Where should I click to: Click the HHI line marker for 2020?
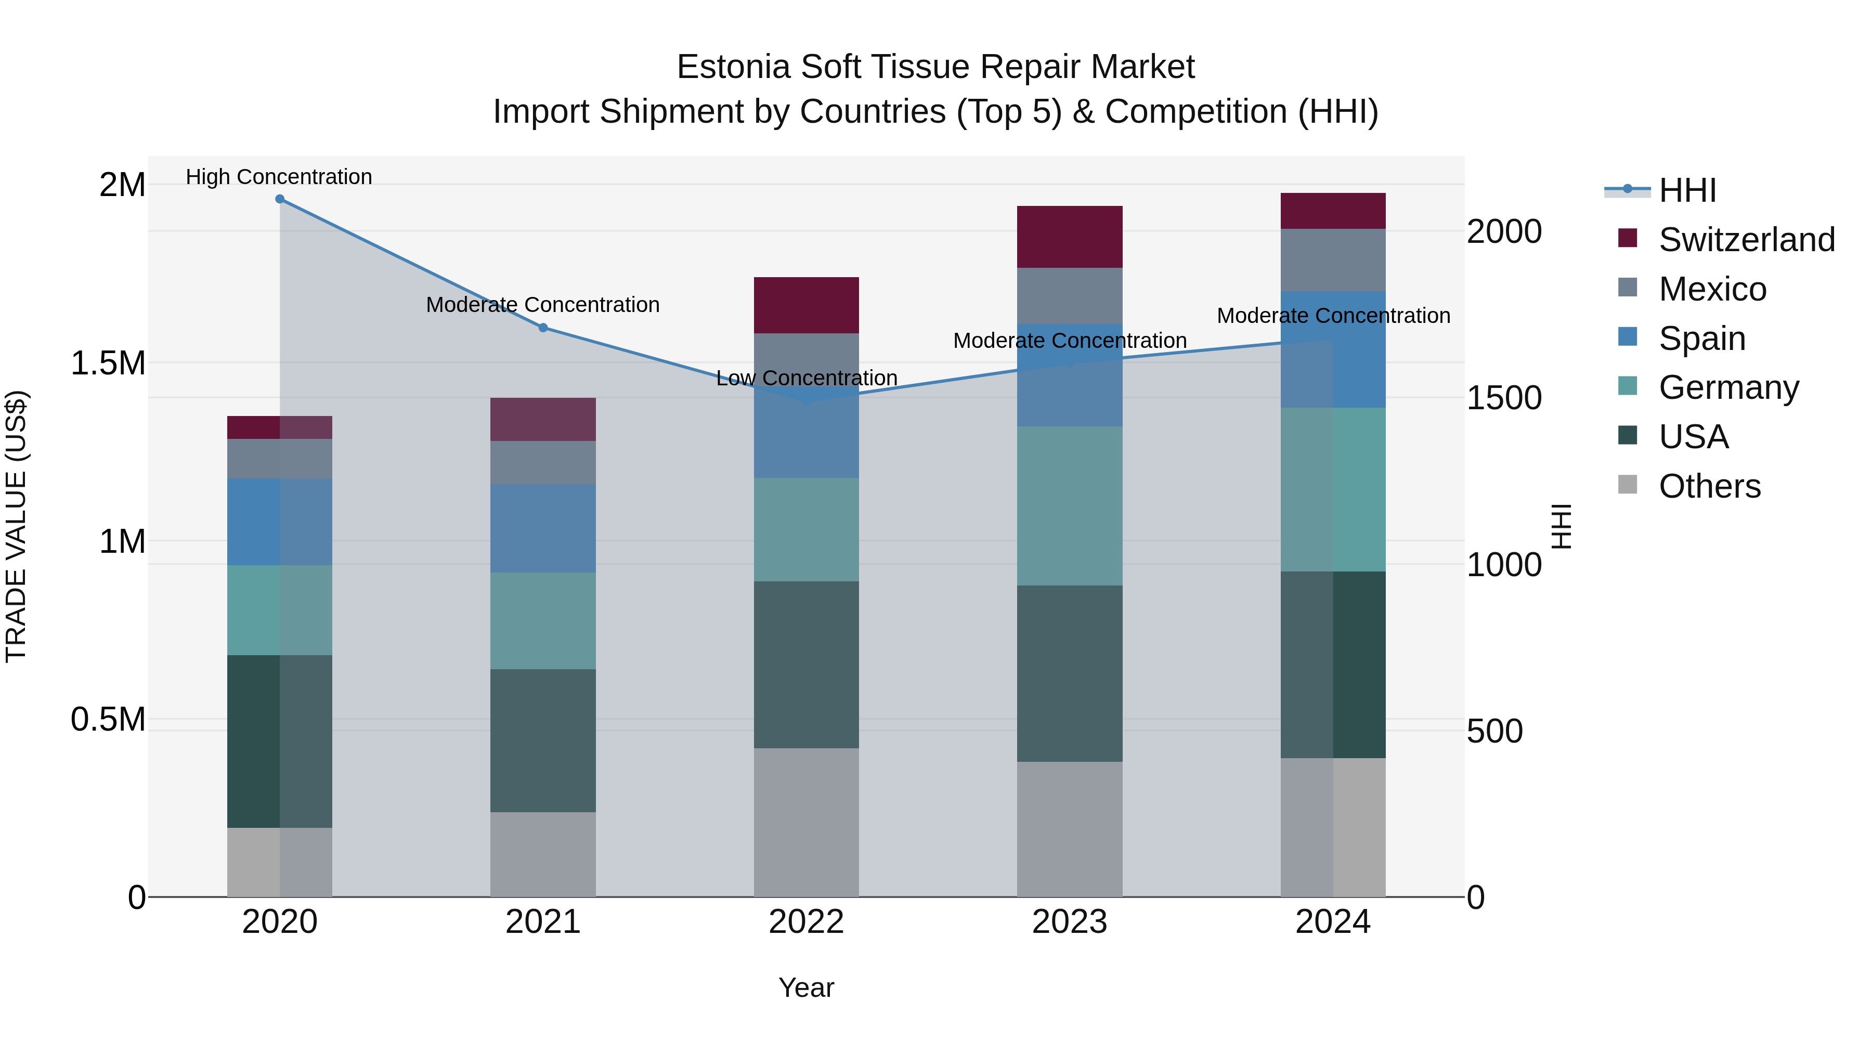coord(280,199)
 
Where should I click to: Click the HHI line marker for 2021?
coord(543,328)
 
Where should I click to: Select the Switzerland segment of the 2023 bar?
coord(1069,237)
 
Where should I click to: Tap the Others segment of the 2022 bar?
coord(806,822)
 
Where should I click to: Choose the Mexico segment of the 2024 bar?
coord(1333,260)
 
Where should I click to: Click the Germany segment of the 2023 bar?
coord(1069,506)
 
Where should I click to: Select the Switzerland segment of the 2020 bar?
coord(280,427)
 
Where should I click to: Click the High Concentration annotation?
coord(279,177)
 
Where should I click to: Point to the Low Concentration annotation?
coord(807,378)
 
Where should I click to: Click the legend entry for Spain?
coord(1702,339)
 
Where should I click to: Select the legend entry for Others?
coord(1709,486)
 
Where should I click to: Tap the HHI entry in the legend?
coord(1687,190)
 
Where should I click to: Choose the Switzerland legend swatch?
coord(1628,238)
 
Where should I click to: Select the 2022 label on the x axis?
coord(806,922)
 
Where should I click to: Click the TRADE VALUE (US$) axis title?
coord(16,526)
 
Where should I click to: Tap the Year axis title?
coord(806,987)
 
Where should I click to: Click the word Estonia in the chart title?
coord(733,67)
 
